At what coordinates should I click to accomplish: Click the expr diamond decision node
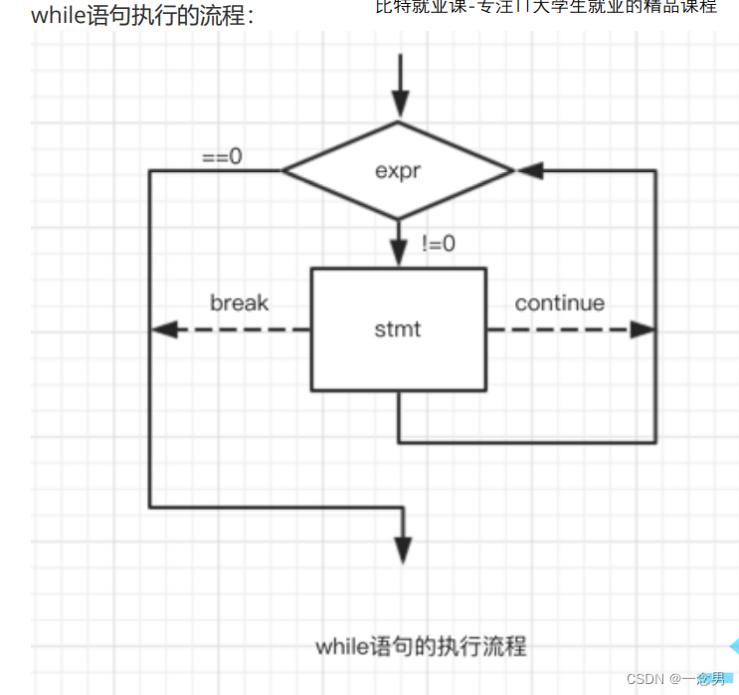click(399, 170)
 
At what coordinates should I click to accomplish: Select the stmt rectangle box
click(399, 330)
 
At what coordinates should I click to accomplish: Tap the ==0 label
click(222, 156)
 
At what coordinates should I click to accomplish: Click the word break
click(239, 303)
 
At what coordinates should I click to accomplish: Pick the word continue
click(559, 303)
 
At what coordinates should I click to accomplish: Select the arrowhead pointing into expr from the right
click(530, 170)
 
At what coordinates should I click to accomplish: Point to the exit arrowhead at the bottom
click(403, 548)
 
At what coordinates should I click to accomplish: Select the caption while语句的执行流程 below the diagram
click(421, 646)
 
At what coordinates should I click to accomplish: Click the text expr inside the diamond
click(399, 170)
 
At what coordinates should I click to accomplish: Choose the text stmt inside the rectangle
click(398, 330)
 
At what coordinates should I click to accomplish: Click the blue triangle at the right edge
click(733, 645)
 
